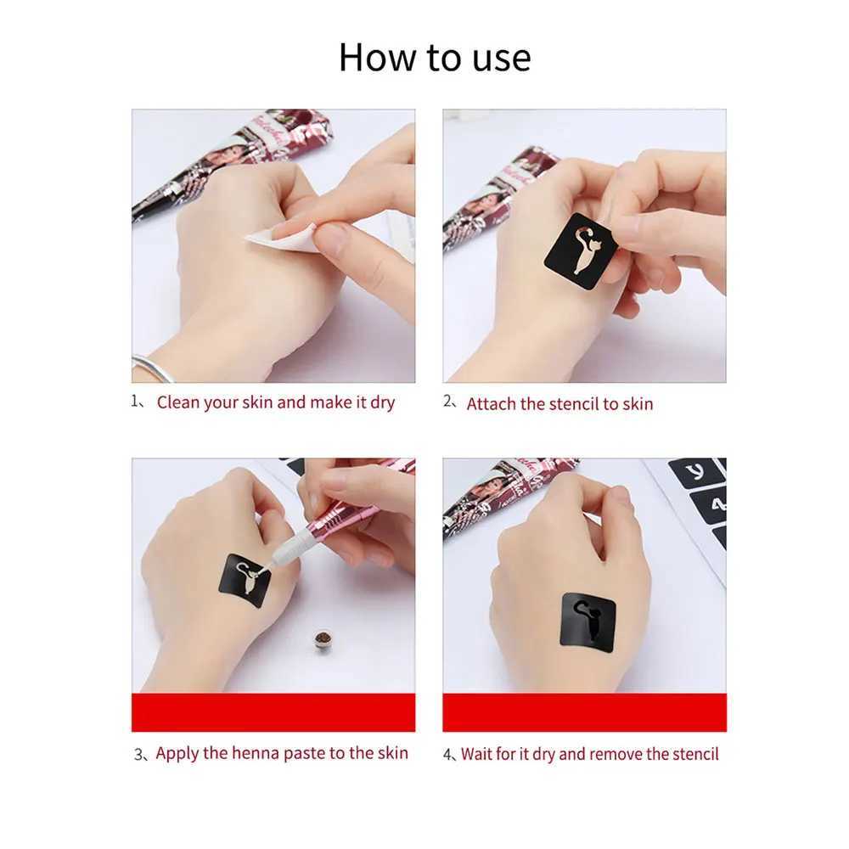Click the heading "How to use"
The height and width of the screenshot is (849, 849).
(434, 57)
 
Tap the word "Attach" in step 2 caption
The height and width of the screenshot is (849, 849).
(491, 404)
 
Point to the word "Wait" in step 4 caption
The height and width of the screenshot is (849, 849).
(478, 754)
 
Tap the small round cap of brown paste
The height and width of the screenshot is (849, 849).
(322, 638)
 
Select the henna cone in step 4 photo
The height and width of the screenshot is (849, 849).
(501, 492)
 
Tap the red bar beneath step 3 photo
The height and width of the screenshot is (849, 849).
(273, 712)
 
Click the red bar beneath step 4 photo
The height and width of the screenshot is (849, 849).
(584, 712)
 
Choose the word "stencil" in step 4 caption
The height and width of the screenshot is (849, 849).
(692, 754)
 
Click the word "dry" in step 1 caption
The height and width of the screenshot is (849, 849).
(382, 402)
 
